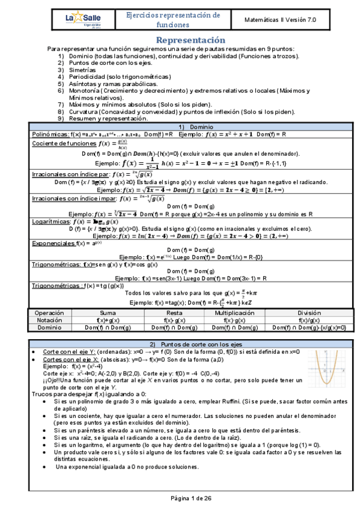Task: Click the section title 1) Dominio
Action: pyautogui.click(x=180, y=127)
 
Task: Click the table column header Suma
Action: pyautogui.click(x=108, y=314)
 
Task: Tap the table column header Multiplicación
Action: pyautogui.click(x=231, y=314)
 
